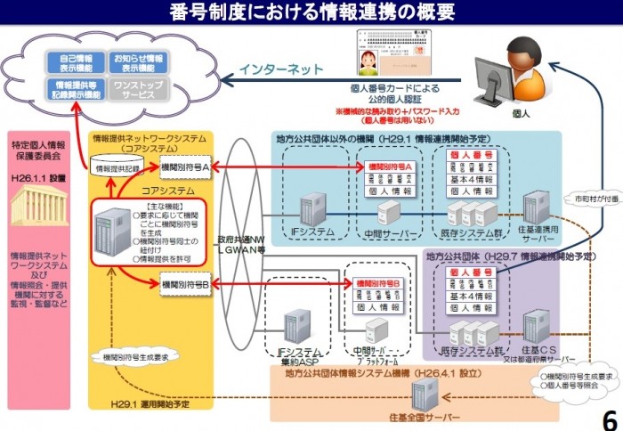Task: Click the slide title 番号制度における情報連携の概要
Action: pos(311,12)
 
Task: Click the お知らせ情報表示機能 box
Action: pos(137,63)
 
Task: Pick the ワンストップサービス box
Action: pos(137,90)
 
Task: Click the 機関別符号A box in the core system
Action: pos(185,167)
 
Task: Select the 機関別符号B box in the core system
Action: pos(185,285)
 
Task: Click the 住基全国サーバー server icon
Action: pos(425,393)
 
